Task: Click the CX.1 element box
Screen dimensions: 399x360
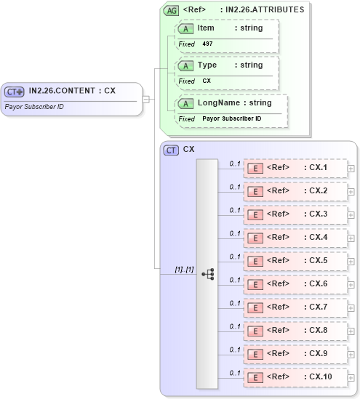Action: click(295, 168)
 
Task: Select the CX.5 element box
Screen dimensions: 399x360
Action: click(295, 261)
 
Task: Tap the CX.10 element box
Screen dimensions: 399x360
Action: click(295, 377)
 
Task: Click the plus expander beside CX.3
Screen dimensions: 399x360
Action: click(351, 215)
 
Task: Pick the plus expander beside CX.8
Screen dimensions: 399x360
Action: click(351, 331)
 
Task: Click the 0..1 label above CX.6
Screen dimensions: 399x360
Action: click(235, 280)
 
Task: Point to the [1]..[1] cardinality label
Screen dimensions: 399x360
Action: click(184, 270)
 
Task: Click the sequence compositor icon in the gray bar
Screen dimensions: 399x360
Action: click(207, 274)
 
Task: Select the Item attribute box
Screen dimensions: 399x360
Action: click(226, 35)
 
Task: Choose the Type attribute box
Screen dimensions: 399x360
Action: click(226, 72)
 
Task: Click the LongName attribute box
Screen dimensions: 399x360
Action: click(231, 110)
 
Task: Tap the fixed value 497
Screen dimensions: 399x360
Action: click(207, 44)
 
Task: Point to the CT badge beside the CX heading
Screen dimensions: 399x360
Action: click(172, 150)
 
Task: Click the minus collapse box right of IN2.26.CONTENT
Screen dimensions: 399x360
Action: click(146, 99)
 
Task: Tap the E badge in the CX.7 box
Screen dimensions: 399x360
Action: click(256, 307)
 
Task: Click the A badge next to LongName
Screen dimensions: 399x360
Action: click(187, 103)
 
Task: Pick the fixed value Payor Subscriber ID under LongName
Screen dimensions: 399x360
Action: click(231, 118)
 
